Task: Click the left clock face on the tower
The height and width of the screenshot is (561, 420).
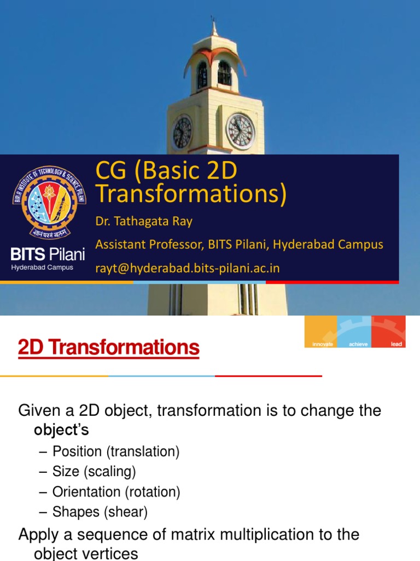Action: click(x=182, y=133)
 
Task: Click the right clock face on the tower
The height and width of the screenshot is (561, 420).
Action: click(x=240, y=131)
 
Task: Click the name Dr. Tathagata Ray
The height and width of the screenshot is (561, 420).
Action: click(x=144, y=221)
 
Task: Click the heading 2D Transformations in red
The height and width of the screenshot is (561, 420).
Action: click(x=109, y=347)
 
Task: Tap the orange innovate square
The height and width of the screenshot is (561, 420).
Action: click(x=321, y=332)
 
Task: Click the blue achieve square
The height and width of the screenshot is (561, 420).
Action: click(x=354, y=332)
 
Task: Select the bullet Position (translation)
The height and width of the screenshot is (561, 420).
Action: click(x=116, y=452)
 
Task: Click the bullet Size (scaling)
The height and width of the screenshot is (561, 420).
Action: click(x=94, y=472)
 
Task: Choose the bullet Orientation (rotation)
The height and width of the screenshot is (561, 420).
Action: click(x=116, y=492)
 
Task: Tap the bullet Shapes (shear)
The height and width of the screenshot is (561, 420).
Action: click(x=100, y=512)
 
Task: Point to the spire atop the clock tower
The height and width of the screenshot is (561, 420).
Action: click(x=214, y=26)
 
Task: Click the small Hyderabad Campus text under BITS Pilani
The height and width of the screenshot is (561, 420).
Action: click(x=42, y=267)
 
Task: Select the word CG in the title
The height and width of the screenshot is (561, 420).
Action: click(x=111, y=171)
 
